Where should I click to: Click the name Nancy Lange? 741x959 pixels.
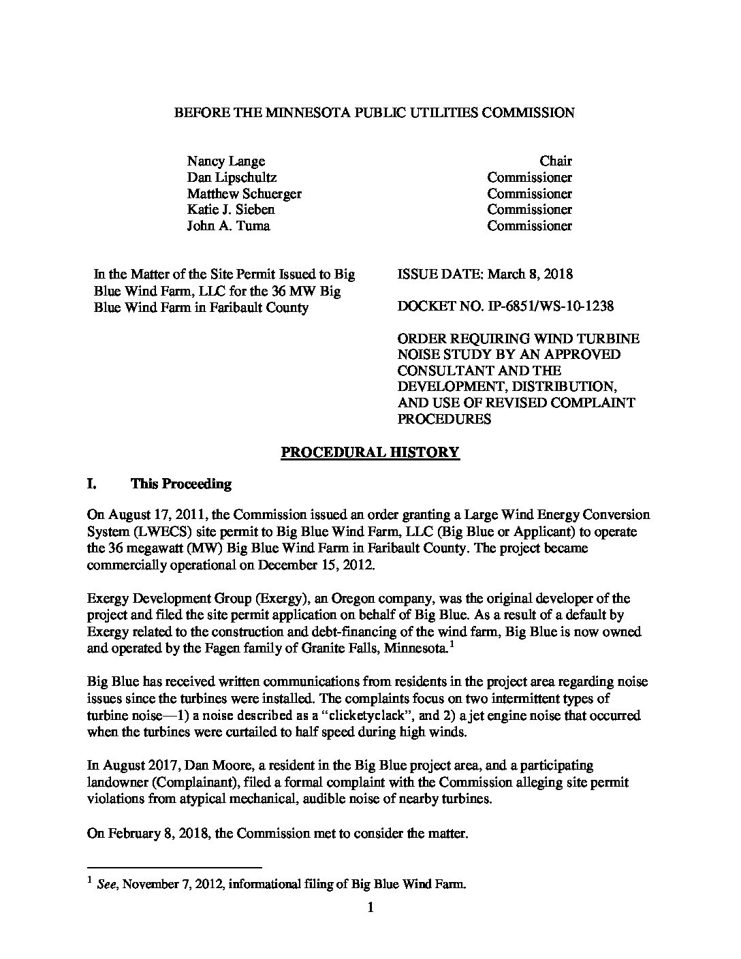225,161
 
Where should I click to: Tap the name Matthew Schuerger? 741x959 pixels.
244,193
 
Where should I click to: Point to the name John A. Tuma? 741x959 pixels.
228,225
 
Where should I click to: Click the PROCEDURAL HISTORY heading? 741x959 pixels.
370,452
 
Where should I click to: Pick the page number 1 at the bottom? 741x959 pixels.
370,907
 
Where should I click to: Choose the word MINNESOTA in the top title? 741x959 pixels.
294,112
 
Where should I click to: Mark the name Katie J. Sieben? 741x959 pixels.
231,210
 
